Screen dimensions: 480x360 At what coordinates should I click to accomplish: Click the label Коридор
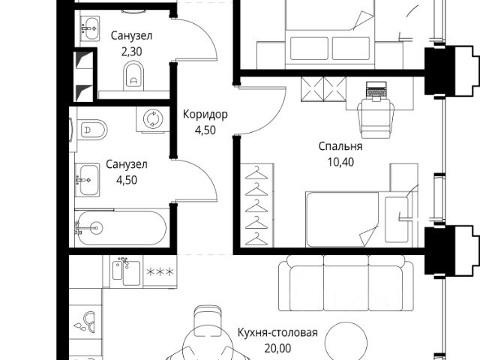pyautogui.click(x=205, y=115)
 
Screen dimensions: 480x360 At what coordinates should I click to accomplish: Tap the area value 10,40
pyautogui.click(x=339, y=161)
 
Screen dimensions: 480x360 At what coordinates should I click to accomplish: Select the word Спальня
pyautogui.click(x=339, y=147)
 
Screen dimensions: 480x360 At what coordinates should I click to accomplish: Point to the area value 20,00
pyautogui.click(x=278, y=348)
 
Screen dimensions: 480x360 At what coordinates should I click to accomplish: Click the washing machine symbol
pyautogui.click(x=153, y=120)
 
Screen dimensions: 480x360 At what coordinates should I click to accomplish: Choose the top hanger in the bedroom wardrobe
pyautogui.click(x=257, y=172)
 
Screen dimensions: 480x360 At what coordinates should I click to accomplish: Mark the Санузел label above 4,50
pyautogui.click(x=126, y=164)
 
